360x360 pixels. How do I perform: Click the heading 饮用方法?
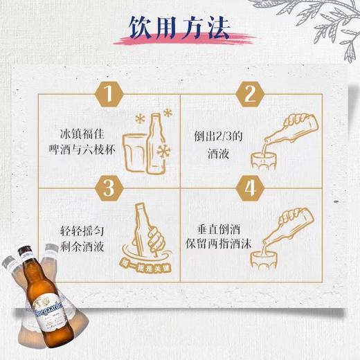(179, 29)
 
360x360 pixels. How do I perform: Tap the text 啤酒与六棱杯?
(90, 149)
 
